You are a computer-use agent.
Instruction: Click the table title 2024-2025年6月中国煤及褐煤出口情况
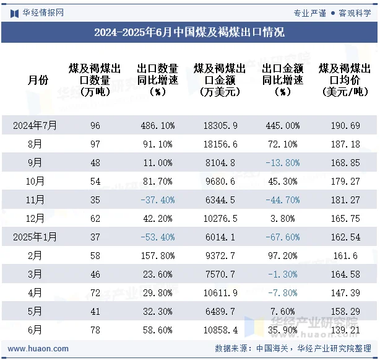189,33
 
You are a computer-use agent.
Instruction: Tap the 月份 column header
38,80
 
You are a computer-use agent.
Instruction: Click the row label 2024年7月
35,126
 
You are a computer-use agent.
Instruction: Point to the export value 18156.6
220,144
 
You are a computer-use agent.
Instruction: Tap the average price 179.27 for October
347,182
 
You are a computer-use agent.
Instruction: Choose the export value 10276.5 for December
220,219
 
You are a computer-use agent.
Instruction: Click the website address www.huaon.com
39,349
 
